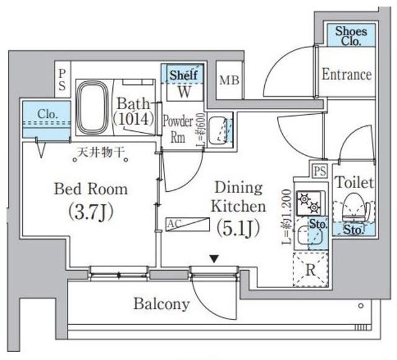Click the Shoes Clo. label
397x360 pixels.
[350, 35]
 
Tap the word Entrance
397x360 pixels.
[347, 74]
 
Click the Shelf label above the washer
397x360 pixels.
[184, 74]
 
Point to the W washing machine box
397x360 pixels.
[184, 92]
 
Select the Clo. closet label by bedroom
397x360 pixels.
[48, 114]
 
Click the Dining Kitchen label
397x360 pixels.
[239, 197]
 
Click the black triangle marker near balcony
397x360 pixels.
[213, 258]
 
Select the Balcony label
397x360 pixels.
[161, 304]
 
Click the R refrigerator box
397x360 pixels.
[309, 270]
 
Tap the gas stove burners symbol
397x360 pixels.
[308, 202]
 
